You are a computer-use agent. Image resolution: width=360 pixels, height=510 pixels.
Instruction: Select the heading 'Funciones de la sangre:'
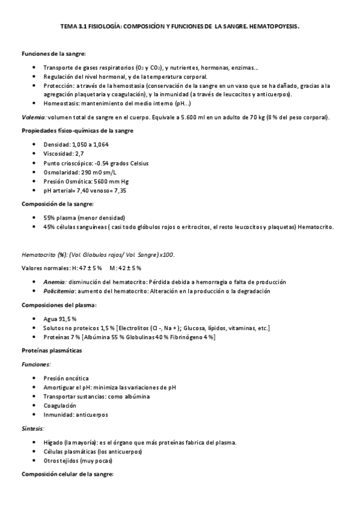54,55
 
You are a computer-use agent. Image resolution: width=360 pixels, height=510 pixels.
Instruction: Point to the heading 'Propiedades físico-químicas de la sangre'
78,131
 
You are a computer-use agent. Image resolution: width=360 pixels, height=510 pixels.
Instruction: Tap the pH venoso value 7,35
120,190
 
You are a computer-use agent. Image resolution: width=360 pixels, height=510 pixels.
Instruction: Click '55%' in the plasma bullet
49,217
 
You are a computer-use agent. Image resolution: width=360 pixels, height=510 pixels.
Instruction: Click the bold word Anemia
54,282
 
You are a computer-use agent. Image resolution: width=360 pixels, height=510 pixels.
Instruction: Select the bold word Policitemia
58,291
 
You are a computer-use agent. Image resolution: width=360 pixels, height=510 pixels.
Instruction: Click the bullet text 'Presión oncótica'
66,378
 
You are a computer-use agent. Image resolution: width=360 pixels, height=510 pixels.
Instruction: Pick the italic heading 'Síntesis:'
33,428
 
